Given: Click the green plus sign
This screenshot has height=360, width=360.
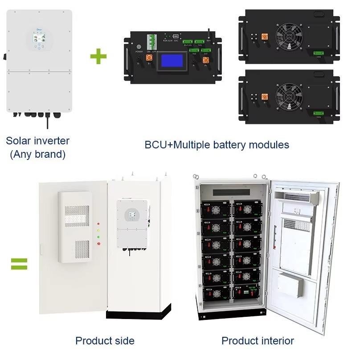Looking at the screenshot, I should point(98,57).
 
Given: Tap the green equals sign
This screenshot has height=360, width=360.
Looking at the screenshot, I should point(19,264).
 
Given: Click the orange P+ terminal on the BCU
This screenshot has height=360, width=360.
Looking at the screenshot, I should point(206,60).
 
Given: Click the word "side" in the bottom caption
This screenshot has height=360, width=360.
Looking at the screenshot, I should point(124,341).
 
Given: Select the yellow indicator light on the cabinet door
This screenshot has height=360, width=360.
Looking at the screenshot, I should point(98,230).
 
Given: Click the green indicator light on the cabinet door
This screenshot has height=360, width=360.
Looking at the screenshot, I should point(98,237).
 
